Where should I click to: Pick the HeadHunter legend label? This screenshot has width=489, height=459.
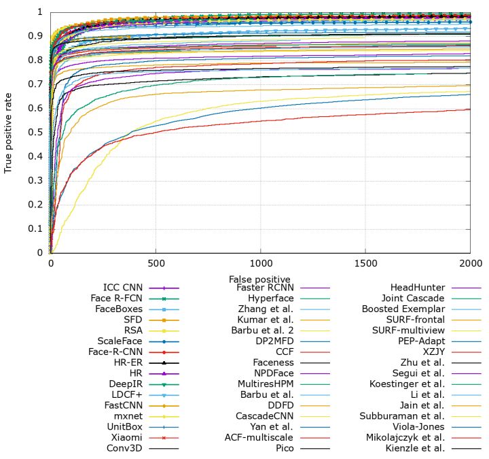click(x=418, y=288)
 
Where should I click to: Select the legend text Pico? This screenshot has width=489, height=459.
click(x=284, y=448)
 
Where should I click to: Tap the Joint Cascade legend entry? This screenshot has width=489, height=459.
click(x=414, y=299)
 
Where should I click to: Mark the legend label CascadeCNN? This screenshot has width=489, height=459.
click(x=264, y=416)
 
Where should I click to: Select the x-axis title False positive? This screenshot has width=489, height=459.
click(x=259, y=279)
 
